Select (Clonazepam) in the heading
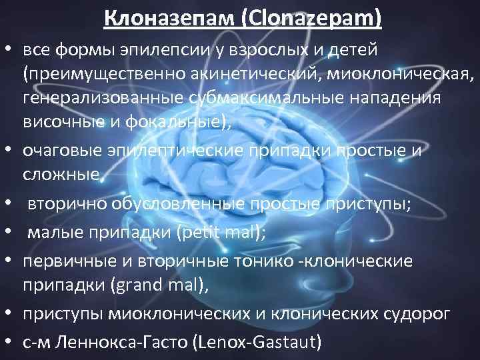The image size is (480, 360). coord(305,16)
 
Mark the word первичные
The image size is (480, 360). coord(65,262)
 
